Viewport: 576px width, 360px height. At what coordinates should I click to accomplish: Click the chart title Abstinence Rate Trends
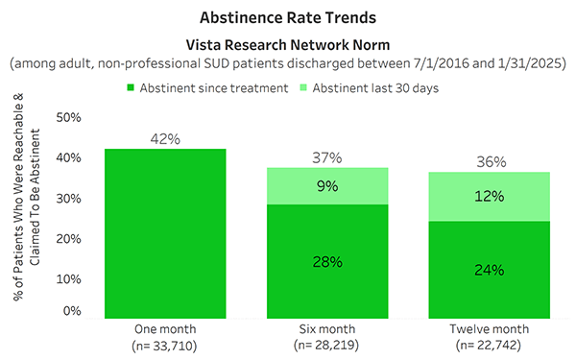pos(288,18)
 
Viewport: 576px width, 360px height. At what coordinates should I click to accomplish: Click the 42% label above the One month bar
pos(165,138)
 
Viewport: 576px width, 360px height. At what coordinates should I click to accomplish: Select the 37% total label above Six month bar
pos(328,157)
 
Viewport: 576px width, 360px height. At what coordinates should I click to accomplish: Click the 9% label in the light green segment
pos(328,186)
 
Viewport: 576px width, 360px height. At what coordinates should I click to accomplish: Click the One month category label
pos(165,326)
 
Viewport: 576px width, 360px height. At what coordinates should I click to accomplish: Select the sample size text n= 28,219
pos(328,342)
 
